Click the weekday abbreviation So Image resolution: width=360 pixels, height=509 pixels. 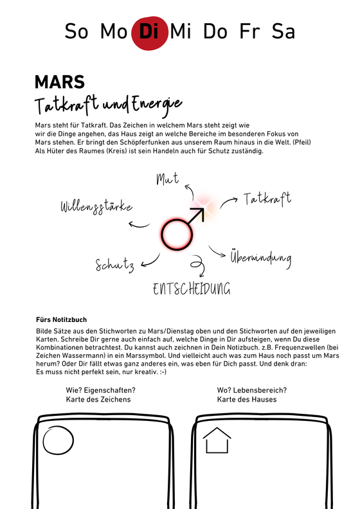pyautogui.click(x=76, y=31)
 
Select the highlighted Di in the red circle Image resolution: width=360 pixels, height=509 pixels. pyautogui.click(x=149, y=32)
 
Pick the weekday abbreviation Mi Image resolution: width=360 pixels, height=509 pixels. pyautogui.click(x=181, y=31)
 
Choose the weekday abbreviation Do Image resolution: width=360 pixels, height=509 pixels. pyautogui.click(x=215, y=31)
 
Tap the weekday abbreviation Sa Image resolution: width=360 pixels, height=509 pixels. pyautogui.click(x=283, y=31)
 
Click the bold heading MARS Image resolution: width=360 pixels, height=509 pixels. pyautogui.click(x=60, y=82)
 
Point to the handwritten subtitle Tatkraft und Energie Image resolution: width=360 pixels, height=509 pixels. pyautogui.click(x=109, y=104)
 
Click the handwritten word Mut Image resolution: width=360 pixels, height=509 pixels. pyautogui.click(x=168, y=178)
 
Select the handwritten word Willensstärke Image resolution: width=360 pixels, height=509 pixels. pyautogui.click(x=96, y=206)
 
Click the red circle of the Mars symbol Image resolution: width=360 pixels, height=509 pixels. pyautogui.click(x=177, y=235)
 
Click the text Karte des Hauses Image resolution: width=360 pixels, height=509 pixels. pyautogui.click(x=247, y=399)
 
